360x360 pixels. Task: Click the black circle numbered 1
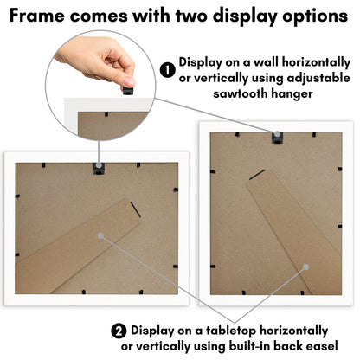point(168,70)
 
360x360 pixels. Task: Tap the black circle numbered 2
point(119,331)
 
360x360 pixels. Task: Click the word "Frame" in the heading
point(37,16)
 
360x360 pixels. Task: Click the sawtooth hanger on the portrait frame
point(277,138)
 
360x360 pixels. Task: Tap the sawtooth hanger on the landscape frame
point(99,169)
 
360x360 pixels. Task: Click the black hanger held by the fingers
point(128,90)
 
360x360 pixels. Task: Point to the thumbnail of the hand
point(127,81)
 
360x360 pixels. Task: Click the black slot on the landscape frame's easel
point(135,209)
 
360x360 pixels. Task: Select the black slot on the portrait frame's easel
point(257,175)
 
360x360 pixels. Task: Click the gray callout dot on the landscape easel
point(100,235)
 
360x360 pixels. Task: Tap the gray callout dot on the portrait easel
point(306,267)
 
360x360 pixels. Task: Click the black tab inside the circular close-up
point(106,114)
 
